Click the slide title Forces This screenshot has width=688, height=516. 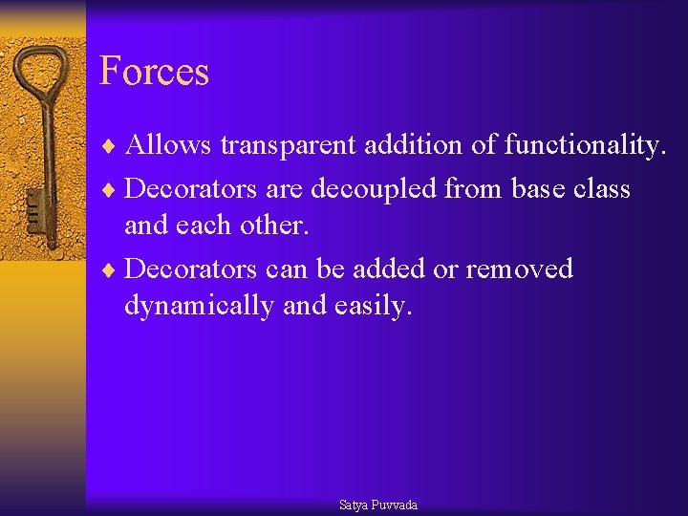pos(154,72)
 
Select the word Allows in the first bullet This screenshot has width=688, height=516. pos(168,145)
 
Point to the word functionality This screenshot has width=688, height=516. pos(584,145)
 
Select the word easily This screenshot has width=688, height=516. pos(374,306)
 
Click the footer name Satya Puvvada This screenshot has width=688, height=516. pos(378,505)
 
